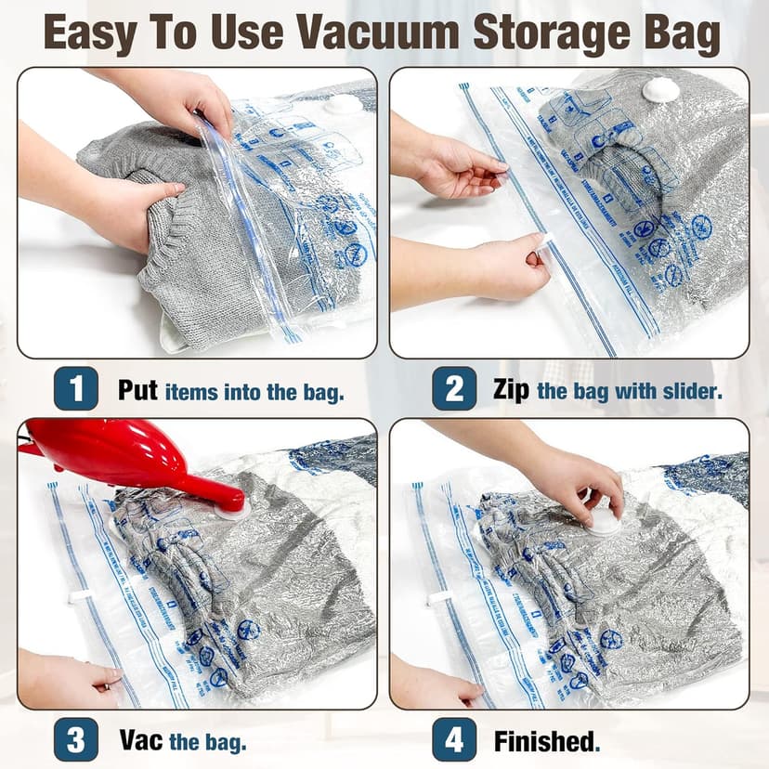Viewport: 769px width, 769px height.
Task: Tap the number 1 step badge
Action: click(x=75, y=389)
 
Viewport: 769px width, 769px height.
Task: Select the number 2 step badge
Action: click(x=454, y=389)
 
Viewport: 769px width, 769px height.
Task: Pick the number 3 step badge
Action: click(x=75, y=740)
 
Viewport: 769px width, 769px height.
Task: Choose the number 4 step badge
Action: click(x=454, y=740)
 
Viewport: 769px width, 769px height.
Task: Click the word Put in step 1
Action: click(x=137, y=390)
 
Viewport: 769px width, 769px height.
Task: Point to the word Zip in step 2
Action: click(x=512, y=390)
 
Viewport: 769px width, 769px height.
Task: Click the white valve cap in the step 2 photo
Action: click(x=662, y=90)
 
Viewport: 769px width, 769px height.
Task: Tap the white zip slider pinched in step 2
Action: click(x=545, y=244)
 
